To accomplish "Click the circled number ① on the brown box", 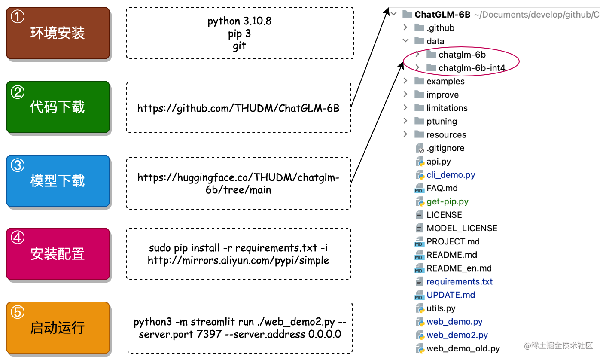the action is pos(18,17).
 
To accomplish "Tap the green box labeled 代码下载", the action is pos(58,107).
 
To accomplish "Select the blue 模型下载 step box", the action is pos(58,181).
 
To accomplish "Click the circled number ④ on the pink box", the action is pos(18,238).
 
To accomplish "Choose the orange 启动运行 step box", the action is pos(58,328).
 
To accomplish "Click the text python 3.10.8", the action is pos(239,21).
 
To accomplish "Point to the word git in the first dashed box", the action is pos(239,46).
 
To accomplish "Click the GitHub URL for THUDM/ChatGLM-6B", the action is pos(238,108).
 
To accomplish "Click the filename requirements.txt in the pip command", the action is pos(276,248).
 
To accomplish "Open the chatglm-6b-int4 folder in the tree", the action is pos(472,68).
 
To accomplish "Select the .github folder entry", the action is pos(440,28).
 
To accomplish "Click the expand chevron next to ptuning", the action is pos(405,121).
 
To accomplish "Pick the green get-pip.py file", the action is pos(448,201).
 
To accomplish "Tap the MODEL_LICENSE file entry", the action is pos(462,228).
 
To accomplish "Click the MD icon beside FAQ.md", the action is pos(419,188).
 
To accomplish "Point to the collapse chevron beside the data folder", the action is pos(405,41).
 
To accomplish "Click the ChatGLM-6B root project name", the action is pos(442,15).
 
